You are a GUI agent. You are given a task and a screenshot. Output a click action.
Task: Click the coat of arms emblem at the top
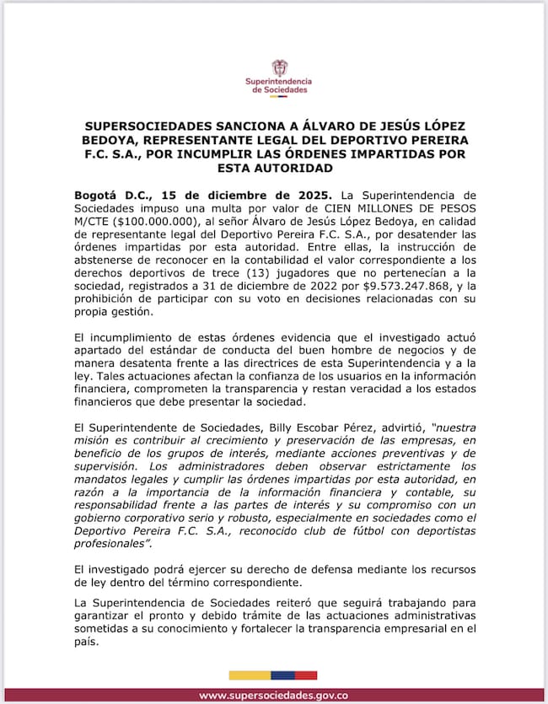tap(278, 67)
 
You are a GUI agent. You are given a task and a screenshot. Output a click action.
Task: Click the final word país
tap(86, 640)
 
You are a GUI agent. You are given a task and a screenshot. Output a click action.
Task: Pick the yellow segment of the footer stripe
tap(250, 674)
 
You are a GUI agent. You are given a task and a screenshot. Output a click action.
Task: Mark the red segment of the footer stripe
tap(307, 674)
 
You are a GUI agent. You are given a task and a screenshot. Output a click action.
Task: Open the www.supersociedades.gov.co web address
tap(273, 696)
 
